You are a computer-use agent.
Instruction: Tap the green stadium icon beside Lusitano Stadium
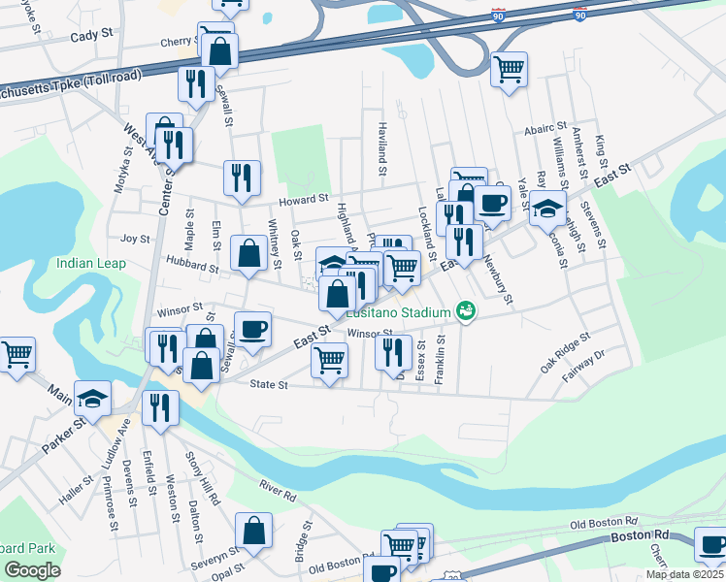466,311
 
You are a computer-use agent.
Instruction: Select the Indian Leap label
91,263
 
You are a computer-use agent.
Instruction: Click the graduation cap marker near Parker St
93,398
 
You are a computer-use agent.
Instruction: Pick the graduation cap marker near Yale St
547,208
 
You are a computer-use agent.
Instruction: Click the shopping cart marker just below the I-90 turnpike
509,70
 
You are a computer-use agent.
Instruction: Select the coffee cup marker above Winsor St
253,329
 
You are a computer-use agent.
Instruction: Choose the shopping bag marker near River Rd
253,530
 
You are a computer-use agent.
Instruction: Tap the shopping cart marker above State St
329,360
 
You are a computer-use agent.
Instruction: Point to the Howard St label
299,201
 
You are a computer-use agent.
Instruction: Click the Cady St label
92,35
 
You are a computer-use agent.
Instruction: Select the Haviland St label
382,155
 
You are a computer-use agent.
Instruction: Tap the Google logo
33,570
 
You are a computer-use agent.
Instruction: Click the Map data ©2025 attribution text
683,574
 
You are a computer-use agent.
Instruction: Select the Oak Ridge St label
565,354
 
